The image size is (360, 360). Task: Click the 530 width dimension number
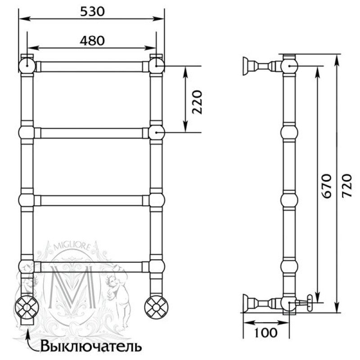pyautogui.click(x=92, y=12)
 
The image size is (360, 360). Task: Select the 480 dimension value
pyautogui.click(x=92, y=41)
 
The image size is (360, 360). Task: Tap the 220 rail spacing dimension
pyautogui.click(x=197, y=102)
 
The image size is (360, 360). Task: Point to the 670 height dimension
pyautogui.click(x=327, y=186)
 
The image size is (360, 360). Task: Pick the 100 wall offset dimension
pyautogui.click(x=266, y=332)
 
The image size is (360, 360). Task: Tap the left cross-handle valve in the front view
pyautogui.click(x=27, y=307)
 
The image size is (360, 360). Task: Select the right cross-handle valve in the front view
pyautogui.click(x=156, y=307)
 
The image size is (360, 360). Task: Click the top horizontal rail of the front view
pyautogui.click(x=92, y=67)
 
